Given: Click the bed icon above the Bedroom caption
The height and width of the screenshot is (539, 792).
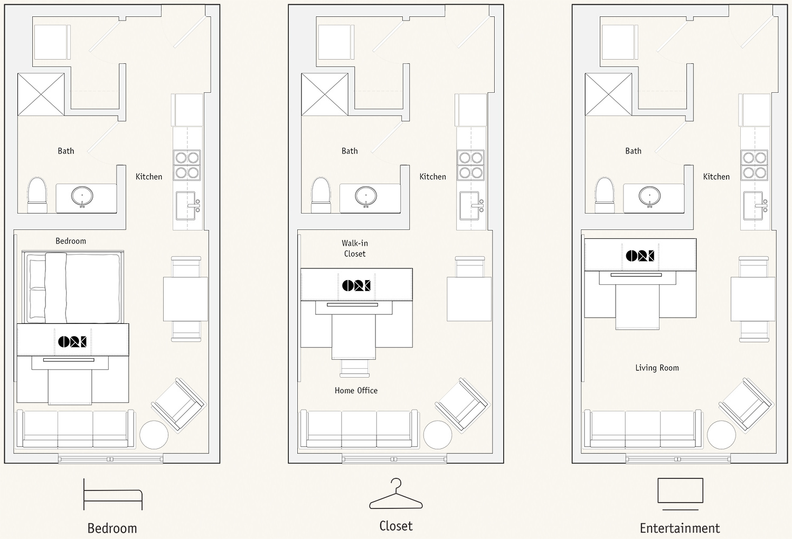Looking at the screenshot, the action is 113,491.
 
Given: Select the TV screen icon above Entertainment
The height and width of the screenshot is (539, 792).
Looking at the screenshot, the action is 680,490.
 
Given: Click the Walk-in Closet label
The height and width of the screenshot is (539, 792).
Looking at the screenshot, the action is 355,248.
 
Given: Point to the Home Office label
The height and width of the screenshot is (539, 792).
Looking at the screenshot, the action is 356,390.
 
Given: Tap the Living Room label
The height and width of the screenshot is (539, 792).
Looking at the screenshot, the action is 657,368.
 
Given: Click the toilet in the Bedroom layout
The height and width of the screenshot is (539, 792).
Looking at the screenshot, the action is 37,195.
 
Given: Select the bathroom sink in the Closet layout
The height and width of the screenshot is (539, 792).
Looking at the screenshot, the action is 366,196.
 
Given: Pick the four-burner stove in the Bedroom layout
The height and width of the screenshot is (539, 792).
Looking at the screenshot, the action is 187,165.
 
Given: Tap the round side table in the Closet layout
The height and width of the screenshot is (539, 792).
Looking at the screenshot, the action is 438,435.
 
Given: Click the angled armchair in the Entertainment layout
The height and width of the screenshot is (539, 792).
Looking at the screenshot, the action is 746,406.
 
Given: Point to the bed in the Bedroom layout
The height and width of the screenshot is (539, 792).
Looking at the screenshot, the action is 72,287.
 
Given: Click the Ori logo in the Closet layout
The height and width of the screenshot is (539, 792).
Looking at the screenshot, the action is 356,285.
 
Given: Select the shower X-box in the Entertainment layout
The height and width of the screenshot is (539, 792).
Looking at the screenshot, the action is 608,94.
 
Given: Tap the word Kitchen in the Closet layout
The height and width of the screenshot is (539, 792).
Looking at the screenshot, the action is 433,177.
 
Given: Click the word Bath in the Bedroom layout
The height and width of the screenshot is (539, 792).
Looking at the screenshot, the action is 66,151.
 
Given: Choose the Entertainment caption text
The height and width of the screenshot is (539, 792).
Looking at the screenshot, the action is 680,528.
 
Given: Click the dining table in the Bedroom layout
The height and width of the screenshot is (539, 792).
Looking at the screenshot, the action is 186,299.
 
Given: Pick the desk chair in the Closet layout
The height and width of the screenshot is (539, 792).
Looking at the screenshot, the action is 354,368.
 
